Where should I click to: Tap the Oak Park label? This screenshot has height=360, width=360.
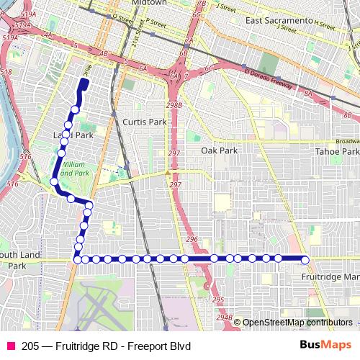219,150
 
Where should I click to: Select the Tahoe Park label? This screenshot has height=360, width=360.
340,151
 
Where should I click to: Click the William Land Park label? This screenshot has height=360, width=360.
74,169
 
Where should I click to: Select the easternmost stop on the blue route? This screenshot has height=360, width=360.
305,260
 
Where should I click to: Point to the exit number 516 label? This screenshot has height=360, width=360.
26,156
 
